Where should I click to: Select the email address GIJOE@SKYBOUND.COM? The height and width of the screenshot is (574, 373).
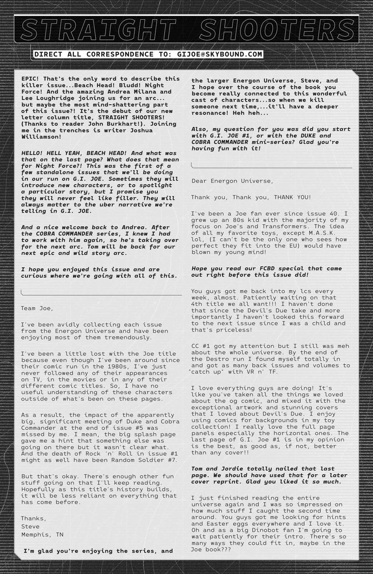[x=220, y=55]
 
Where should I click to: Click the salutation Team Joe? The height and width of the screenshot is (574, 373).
[x=37, y=308]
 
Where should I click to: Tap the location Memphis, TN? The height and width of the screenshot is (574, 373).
[x=42, y=534]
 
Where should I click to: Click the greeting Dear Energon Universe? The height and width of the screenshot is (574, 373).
[x=232, y=181]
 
